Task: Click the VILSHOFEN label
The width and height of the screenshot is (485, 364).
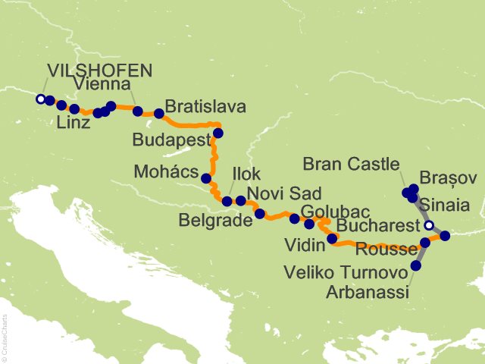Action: click(99, 71)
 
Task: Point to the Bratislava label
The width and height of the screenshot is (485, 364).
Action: click(205, 107)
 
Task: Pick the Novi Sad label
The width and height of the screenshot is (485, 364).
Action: click(284, 193)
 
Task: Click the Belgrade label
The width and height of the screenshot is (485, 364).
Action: click(216, 221)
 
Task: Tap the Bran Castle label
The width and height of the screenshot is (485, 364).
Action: click(350, 163)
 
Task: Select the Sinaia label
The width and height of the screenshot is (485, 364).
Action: click(448, 205)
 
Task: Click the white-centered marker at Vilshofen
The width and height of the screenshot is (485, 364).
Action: click(40, 99)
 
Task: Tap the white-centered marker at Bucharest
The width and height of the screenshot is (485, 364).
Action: click(430, 225)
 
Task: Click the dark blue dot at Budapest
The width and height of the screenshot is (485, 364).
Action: click(218, 133)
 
